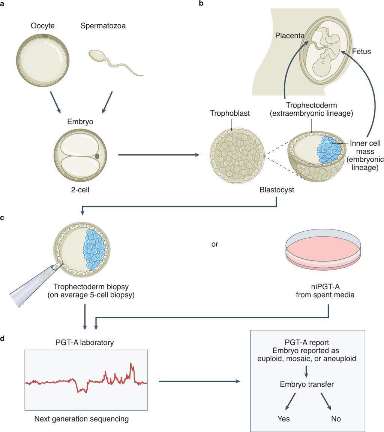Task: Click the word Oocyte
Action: (43, 26)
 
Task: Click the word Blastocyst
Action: (277, 189)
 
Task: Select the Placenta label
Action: (289, 36)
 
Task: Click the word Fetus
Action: (361, 51)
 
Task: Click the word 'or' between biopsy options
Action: (215, 244)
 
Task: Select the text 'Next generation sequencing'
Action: (81, 419)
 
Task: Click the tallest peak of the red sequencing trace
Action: (132, 364)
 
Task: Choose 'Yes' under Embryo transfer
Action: (283, 419)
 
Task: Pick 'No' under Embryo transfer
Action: (336, 419)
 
